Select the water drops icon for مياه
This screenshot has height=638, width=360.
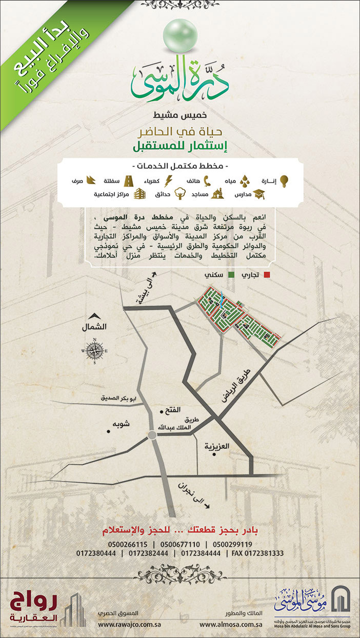[x=245, y=181]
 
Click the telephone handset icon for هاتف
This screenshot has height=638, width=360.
[x=208, y=181]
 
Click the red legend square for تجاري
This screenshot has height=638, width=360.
[x=266, y=275]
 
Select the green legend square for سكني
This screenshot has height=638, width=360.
[x=231, y=275]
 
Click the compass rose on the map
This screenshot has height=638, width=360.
[x=95, y=351]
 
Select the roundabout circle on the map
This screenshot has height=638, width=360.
[x=152, y=435]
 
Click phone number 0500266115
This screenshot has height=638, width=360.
[x=128, y=545]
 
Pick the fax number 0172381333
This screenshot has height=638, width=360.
[x=257, y=554]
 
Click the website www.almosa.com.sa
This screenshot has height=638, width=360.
[x=231, y=625]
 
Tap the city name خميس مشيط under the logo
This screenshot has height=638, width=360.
[x=180, y=113]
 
